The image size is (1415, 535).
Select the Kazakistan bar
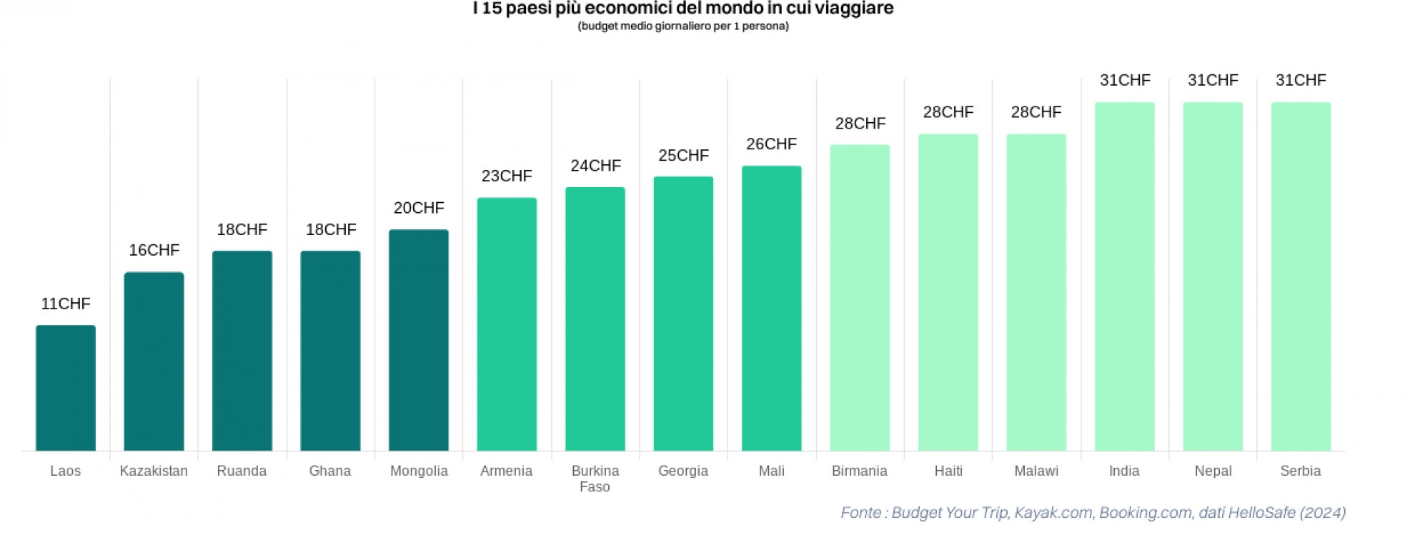(x=154, y=361)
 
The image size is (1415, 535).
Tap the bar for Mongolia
(x=419, y=340)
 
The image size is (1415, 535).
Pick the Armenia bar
(x=507, y=324)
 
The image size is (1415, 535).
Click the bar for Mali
(x=772, y=309)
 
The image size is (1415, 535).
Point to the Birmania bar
(x=860, y=298)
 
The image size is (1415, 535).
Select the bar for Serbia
(x=1301, y=276)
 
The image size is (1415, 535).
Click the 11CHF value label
(x=66, y=304)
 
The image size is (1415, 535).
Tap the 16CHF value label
(x=154, y=250)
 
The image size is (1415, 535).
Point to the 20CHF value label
(x=419, y=208)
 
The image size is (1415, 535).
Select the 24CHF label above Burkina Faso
(x=595, y=166)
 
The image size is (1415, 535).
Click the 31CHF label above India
(x=1125, y=80)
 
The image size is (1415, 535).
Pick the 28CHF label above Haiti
(x=948, y=112)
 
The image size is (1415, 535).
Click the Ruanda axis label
(x=242, y=471)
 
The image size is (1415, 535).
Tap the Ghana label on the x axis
(x=330, y=471)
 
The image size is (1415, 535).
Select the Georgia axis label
(x=683, y=471)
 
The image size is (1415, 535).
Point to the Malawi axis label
(x=1036, y=471)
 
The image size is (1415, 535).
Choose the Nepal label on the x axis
(x=1213, y=471)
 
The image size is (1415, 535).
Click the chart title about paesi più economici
(x=683, y=9)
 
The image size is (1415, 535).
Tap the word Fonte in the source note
(x=860, y=512)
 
